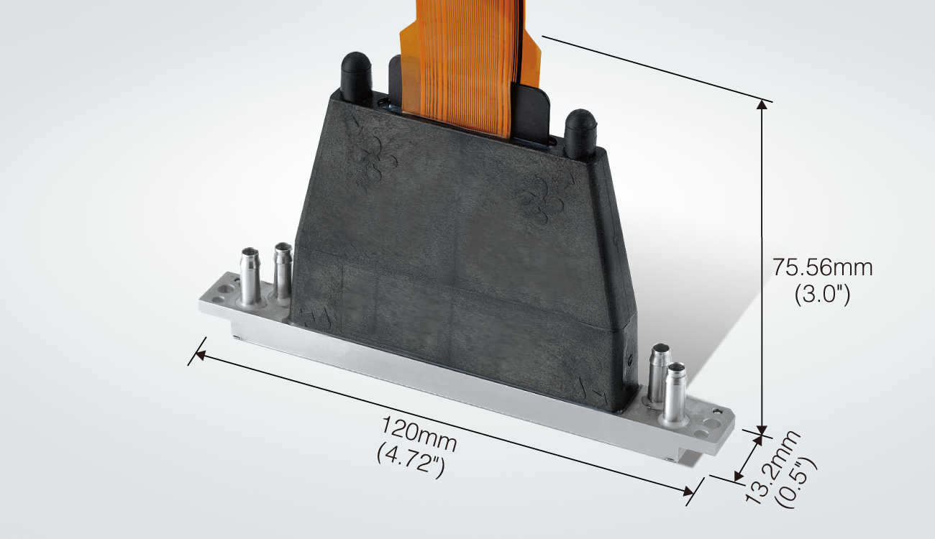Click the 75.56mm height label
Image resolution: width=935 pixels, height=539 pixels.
822,268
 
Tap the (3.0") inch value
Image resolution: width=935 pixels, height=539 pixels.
822,295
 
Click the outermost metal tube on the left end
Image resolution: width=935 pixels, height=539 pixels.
249,276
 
